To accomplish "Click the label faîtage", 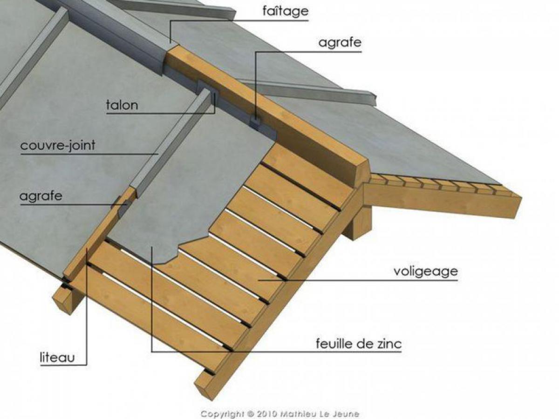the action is [285, 12].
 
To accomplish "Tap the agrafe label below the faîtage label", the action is [340, 43].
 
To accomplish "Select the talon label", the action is [122, 105].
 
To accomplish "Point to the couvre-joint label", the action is [58, 146].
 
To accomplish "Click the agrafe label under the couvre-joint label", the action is [41, 196].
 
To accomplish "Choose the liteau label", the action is [57, 358].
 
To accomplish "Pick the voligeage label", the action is [426, 272].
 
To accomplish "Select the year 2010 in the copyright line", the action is [266, 413].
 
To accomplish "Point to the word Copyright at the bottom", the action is [224, 414].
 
